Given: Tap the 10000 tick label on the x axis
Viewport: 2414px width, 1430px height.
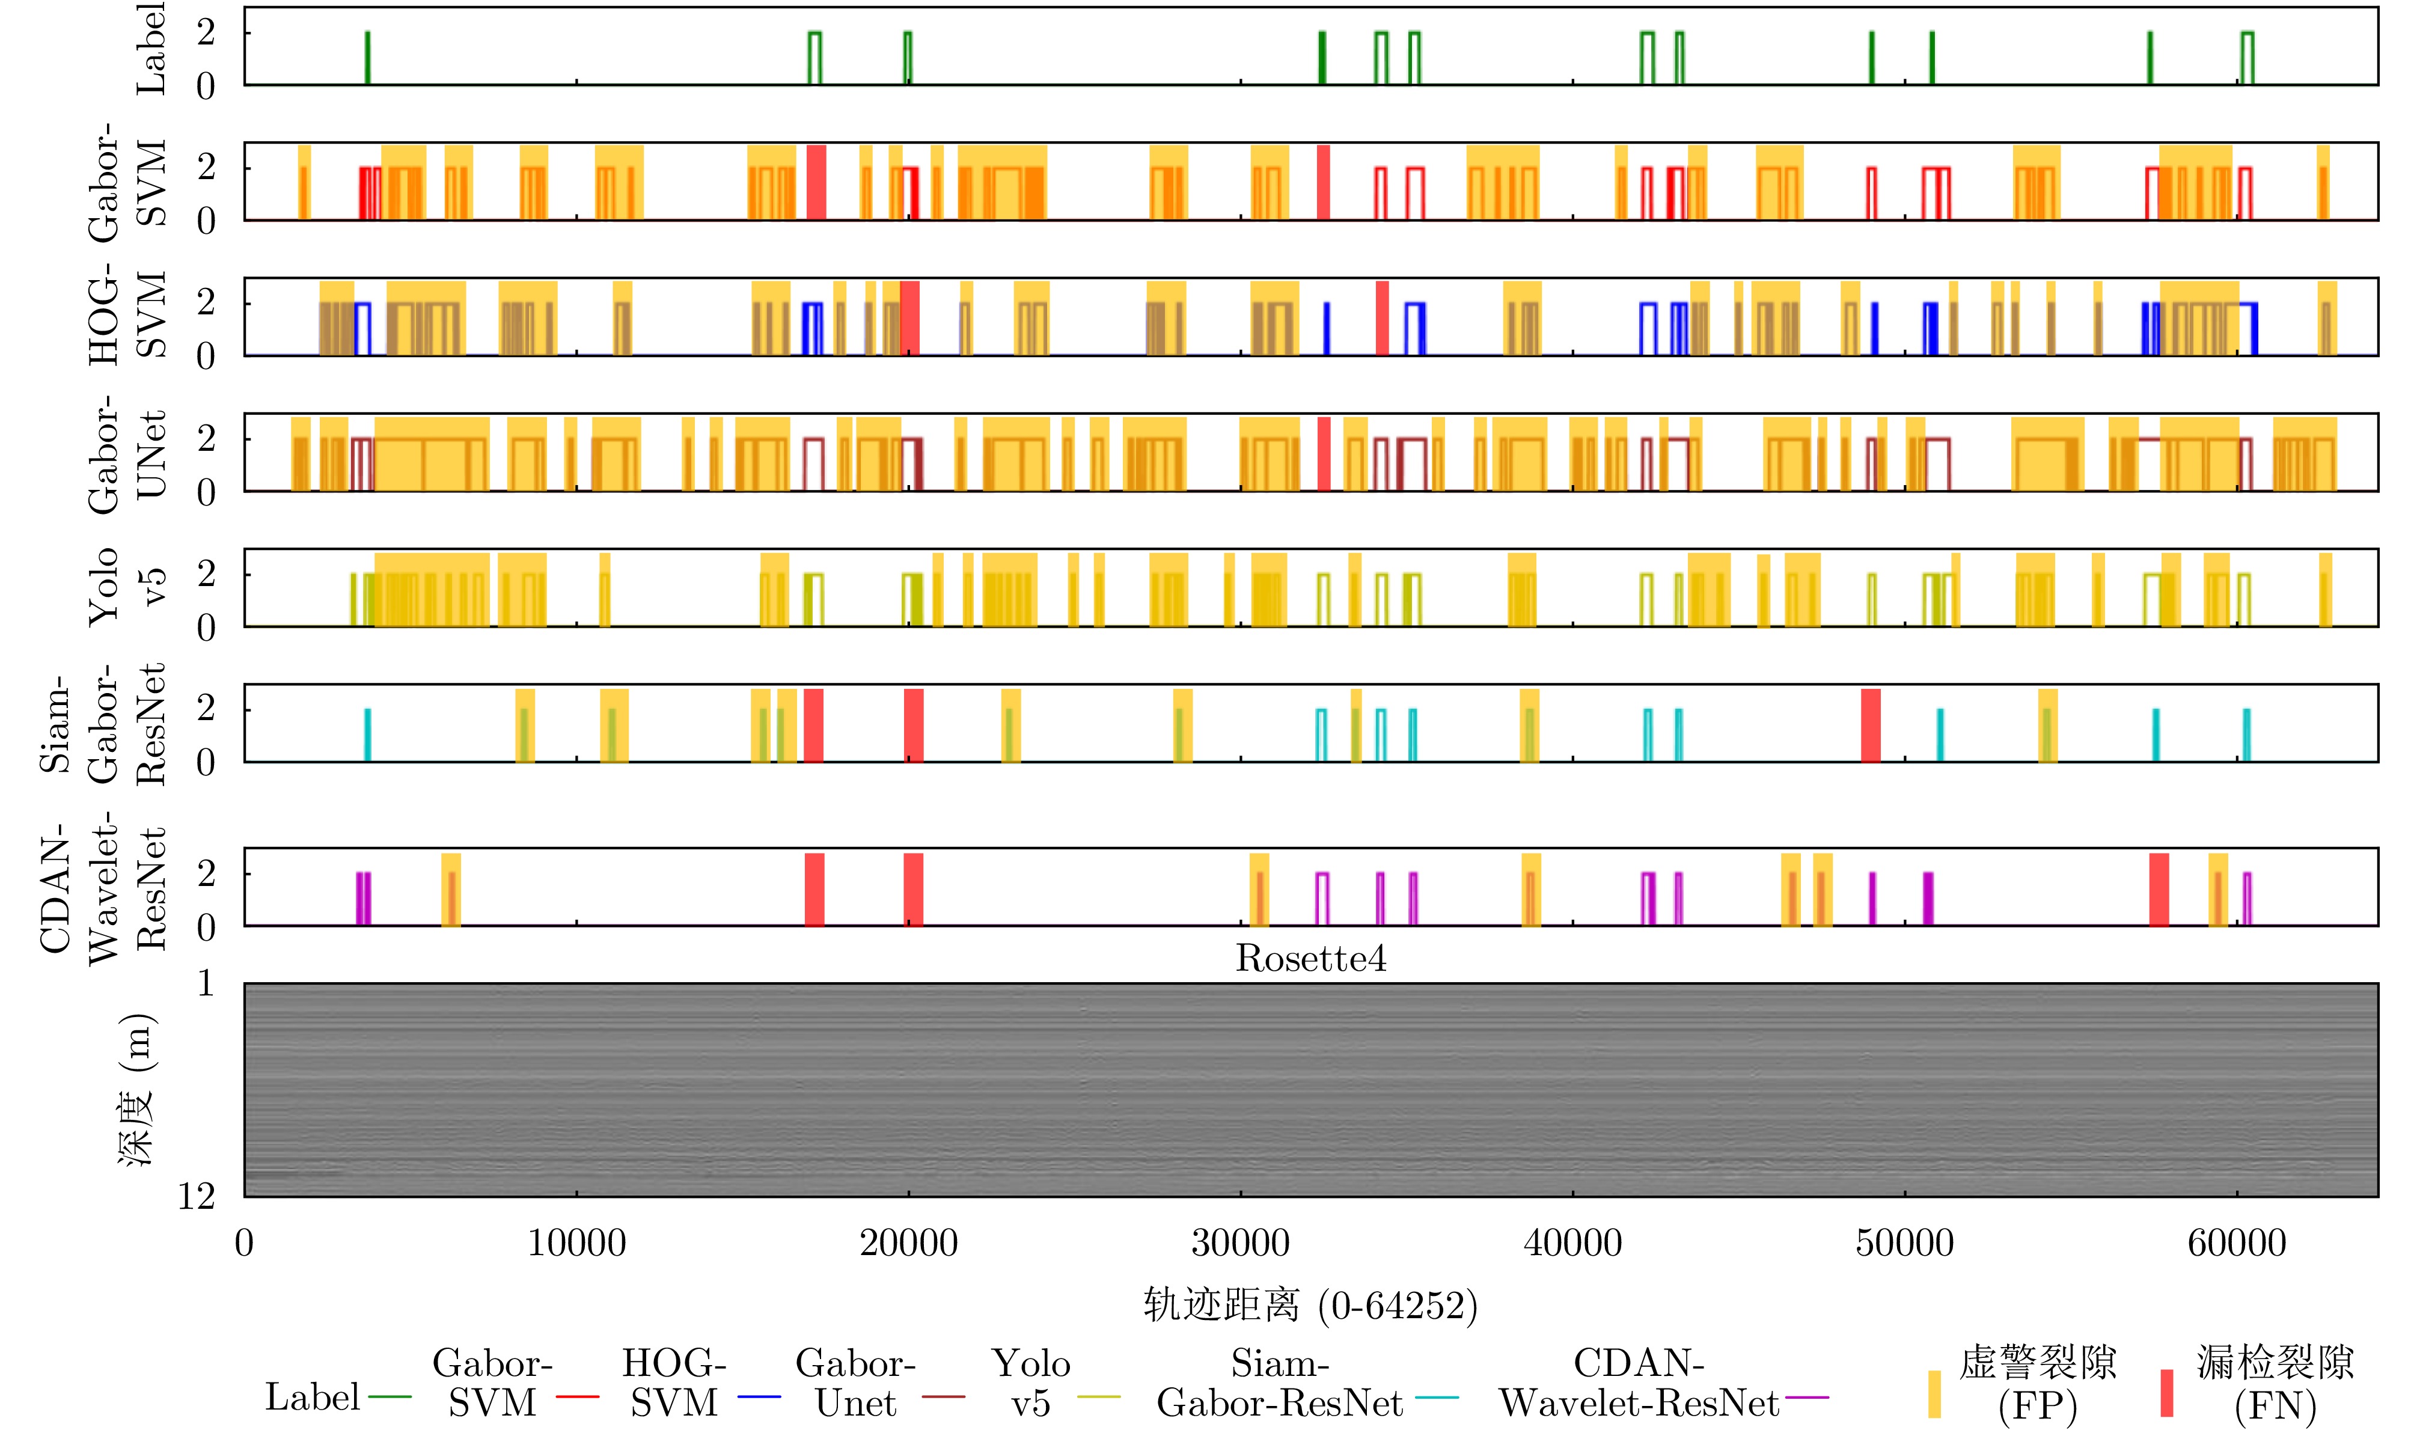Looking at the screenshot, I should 576,1243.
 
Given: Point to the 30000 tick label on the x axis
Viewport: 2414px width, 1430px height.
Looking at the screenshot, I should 1240,1243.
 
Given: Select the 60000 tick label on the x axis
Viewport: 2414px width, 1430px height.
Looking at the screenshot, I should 2237,1243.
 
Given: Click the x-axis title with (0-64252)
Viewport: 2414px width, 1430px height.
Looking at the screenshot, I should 1310,1306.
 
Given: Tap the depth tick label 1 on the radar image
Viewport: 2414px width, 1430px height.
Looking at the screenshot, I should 205,984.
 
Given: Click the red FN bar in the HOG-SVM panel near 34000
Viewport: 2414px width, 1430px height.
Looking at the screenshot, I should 1382,318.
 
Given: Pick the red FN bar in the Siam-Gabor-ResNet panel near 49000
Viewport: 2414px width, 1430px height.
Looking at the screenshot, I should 1871,725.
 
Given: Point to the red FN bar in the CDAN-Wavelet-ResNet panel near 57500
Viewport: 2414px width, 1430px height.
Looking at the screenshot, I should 2159,888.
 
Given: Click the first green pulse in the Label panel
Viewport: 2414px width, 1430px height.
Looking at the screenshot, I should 367,58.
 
